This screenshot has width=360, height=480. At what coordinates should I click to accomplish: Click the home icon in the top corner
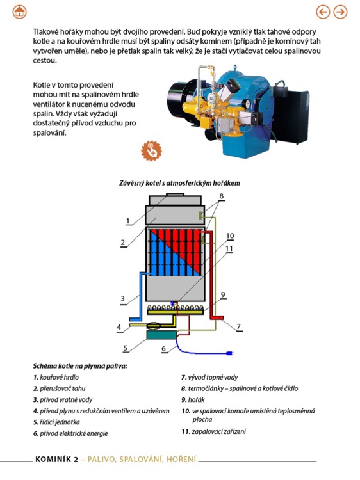19,12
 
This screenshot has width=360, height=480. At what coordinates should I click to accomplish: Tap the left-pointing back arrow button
323,12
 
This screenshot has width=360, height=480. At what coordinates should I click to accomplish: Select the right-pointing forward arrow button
340,12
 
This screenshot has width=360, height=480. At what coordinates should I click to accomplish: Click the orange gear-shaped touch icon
151,150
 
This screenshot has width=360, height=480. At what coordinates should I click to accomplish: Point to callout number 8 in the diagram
221,196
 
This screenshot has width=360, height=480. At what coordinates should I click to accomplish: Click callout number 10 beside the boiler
230,236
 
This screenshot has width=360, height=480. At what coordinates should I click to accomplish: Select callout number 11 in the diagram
229,248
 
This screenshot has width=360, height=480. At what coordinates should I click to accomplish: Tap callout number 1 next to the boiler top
128,221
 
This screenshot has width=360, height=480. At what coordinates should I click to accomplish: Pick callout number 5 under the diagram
126,348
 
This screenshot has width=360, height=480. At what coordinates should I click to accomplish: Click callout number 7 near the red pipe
239,327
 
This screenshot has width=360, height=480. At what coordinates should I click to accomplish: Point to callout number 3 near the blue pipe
123,298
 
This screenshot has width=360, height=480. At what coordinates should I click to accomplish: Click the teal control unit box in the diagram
161,335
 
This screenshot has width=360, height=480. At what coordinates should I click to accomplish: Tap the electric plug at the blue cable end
229,353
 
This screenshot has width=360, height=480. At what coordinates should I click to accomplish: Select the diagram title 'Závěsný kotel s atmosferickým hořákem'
179,183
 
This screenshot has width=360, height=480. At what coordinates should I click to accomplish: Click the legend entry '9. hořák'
193,400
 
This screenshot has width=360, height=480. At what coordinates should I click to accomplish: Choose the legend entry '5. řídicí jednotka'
56,422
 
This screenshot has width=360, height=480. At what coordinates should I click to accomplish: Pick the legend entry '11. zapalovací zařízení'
214,431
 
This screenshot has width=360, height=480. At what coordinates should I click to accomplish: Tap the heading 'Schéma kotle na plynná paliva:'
80,366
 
